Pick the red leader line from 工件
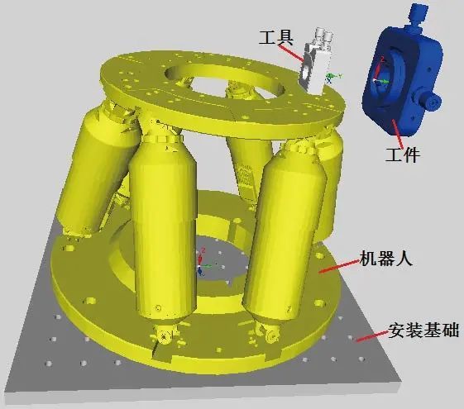pos(395,132)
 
